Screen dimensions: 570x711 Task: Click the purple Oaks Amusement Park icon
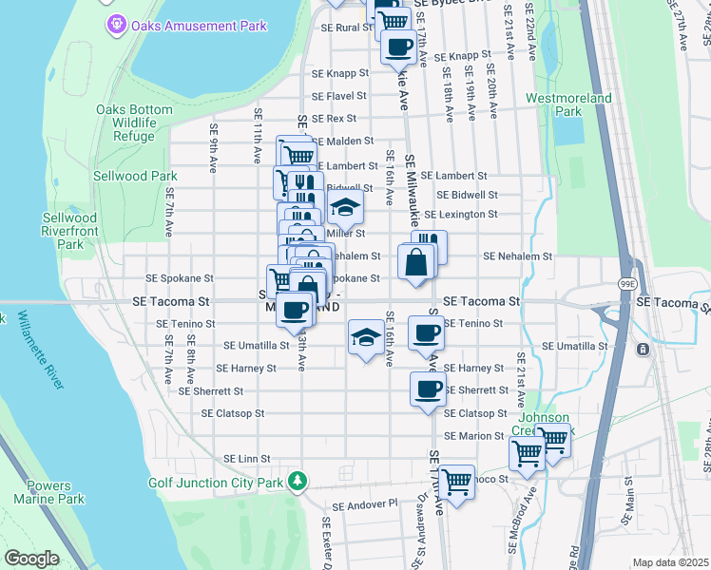tap(116, 25)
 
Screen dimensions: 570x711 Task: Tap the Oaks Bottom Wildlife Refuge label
tap(134, 123)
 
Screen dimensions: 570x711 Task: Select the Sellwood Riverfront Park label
tap(69, 231)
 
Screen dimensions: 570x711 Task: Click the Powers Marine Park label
tap(48, 492)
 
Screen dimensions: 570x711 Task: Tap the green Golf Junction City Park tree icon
tap(298, 482)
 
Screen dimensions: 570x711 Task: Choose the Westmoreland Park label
tap(567, 104)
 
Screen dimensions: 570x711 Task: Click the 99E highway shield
tap(627, 283)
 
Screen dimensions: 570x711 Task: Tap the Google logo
tap(31, 559)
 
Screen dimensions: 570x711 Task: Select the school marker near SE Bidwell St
tap(346, 207)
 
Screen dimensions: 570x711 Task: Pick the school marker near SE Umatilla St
tap(366, 336)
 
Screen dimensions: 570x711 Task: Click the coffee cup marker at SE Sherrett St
tap(428, 388)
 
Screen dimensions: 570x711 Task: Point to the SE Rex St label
tap(334, 119)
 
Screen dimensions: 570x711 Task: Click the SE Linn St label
tap(247, 459)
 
